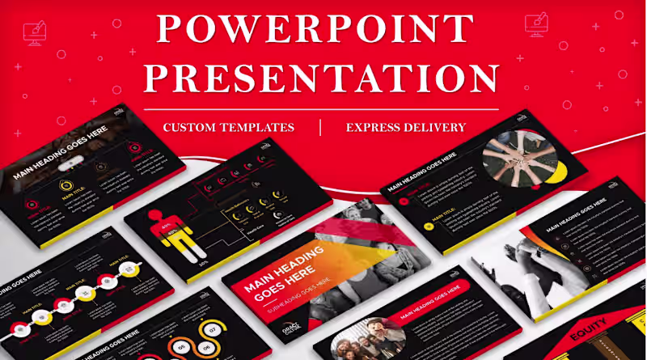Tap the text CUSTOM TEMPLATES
[x=228, y=127]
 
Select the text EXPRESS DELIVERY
[x=405, y=127]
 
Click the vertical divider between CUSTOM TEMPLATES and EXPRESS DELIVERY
[x=320, y=127]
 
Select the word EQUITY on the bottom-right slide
[x=588, y=332]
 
